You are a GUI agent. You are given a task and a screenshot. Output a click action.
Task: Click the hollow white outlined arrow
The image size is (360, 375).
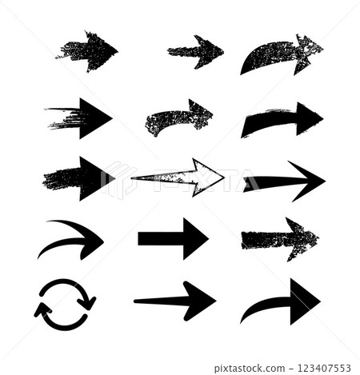[x=180, y=177]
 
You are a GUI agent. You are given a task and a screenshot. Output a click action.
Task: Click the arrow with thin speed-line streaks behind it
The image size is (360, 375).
[x=80, y=118]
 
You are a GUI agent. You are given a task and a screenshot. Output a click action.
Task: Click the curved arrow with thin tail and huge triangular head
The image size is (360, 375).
[x=284, y=302]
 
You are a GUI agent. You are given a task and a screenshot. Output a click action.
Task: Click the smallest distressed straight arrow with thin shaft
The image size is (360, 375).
[x=196, y=51]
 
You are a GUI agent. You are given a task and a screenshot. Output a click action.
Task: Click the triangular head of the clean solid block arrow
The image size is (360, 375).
[x=194, y=237]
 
